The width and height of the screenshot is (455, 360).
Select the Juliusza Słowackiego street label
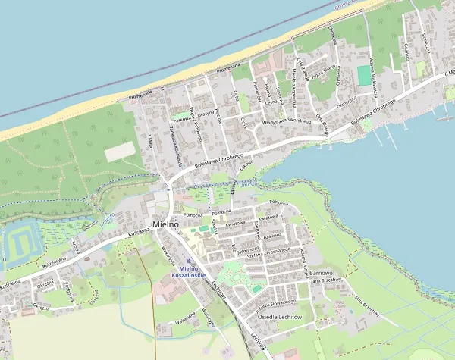(x=278, y=302)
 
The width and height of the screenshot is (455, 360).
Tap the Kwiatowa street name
(x=237, y=224)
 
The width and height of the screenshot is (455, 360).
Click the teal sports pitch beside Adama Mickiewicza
(x=365, y=75)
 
